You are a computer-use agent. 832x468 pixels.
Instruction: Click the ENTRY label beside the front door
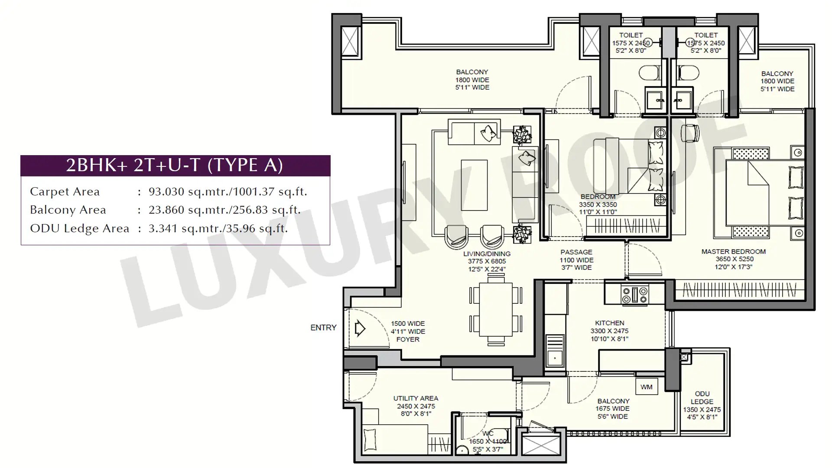[323, 328]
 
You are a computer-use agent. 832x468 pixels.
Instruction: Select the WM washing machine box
[646, 387]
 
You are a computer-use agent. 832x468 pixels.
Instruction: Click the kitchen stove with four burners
[635, 295]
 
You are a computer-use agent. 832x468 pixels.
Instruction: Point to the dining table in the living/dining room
[496, 309]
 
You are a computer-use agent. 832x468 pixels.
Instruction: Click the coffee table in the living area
[474, 185]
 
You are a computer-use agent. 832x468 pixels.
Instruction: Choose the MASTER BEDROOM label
[734, 251]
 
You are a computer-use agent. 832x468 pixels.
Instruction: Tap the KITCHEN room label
[610, 323]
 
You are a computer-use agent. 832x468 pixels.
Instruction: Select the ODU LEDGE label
[702, 398]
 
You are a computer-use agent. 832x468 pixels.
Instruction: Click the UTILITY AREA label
[416, 398]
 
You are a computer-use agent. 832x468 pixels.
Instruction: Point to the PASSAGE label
[576, 252]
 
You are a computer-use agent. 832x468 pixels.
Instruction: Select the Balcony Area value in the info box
[224, 210]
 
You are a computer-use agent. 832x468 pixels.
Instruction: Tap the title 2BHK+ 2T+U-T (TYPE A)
[175, 165]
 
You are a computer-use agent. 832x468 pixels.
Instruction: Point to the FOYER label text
[408, 339]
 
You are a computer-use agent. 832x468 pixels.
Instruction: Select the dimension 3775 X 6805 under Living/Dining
[487, 261]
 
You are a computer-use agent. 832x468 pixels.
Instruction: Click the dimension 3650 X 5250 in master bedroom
[734, 259]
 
